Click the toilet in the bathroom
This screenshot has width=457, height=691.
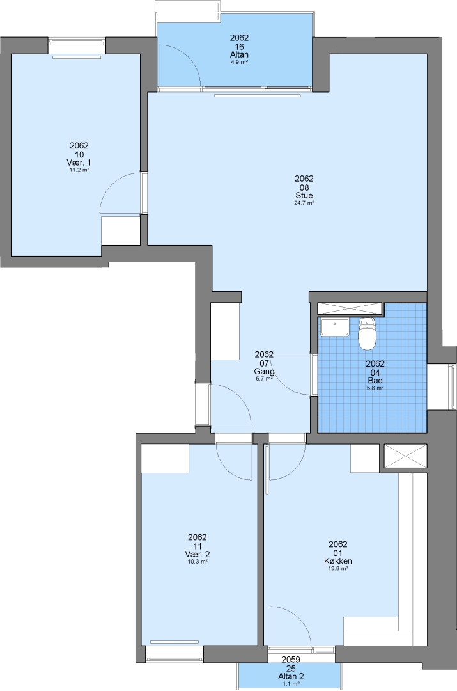coord(367,333)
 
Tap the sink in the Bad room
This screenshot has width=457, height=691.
coord(335,327)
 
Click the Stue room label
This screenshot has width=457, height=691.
coord(304,196)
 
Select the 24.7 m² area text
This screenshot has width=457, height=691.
coord(304,203)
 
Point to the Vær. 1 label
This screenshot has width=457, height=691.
coord(79,163)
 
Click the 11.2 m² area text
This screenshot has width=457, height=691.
coord(79,170)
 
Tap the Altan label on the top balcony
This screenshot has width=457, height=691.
coord(240,54)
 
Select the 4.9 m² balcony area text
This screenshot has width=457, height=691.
coord(240,62)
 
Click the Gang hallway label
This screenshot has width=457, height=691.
coord(265,372)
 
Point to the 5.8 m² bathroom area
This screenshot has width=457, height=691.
coord(376,388)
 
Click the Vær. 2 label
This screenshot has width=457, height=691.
coord(198,554)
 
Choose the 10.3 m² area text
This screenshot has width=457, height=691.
coord(198,562)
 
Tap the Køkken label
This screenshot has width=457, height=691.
coord(338,561)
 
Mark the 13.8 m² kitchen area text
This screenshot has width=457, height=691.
coord(338,569)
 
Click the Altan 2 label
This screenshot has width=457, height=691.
coord(291,676)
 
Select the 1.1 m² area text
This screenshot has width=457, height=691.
coord(291,684)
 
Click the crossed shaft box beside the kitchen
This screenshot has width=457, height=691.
coord(405,456)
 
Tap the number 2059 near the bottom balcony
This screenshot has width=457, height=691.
coord(291,660)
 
